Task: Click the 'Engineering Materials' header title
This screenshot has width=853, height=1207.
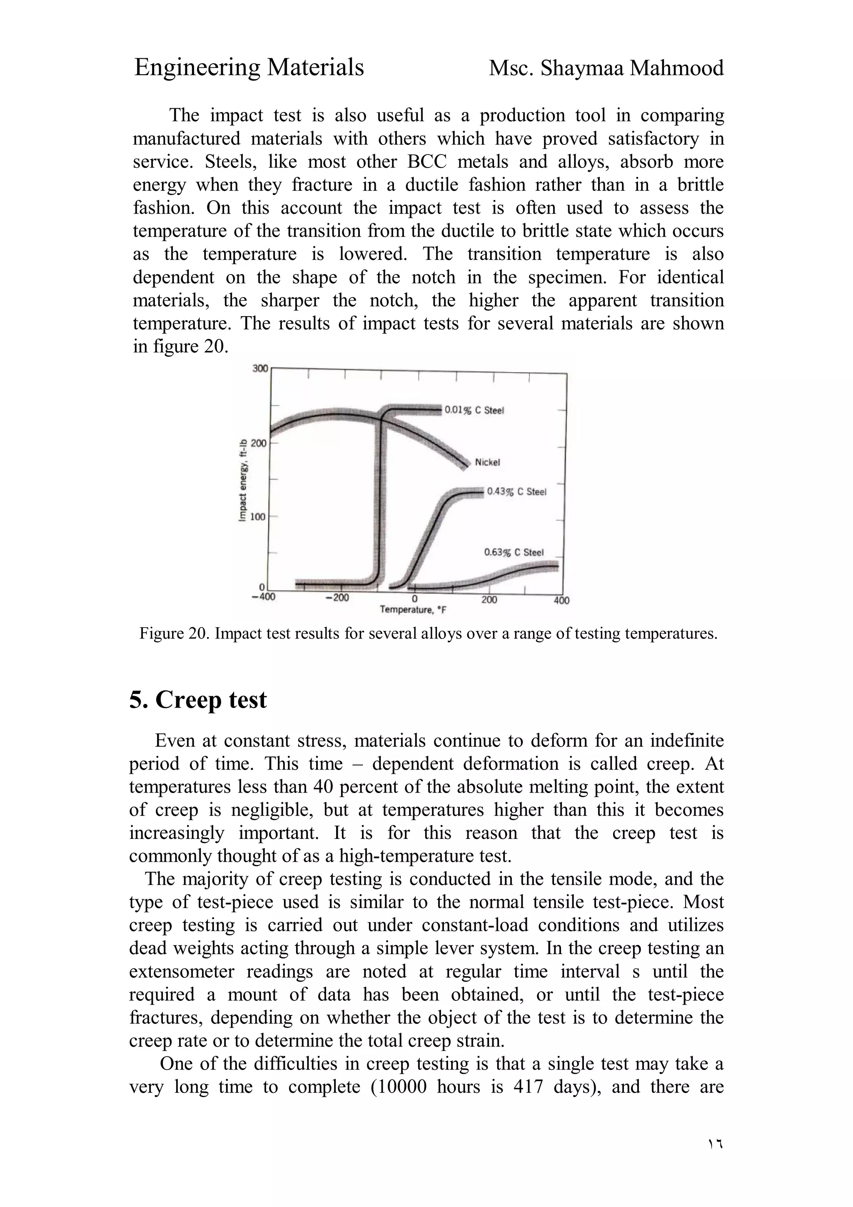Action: point(249,67)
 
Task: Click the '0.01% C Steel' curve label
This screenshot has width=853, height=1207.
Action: point(474,410)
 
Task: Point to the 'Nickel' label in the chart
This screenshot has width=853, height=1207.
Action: point(487,462)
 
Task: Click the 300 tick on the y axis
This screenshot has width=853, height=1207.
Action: point(259,369)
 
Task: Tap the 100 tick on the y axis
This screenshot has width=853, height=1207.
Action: point(258,517)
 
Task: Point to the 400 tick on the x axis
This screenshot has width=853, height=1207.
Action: point(561,600)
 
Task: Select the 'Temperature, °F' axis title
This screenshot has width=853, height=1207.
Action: point(413,610)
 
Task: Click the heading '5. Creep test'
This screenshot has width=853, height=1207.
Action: point(198,700)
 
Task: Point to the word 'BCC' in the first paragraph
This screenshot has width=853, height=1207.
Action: point(427,161)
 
